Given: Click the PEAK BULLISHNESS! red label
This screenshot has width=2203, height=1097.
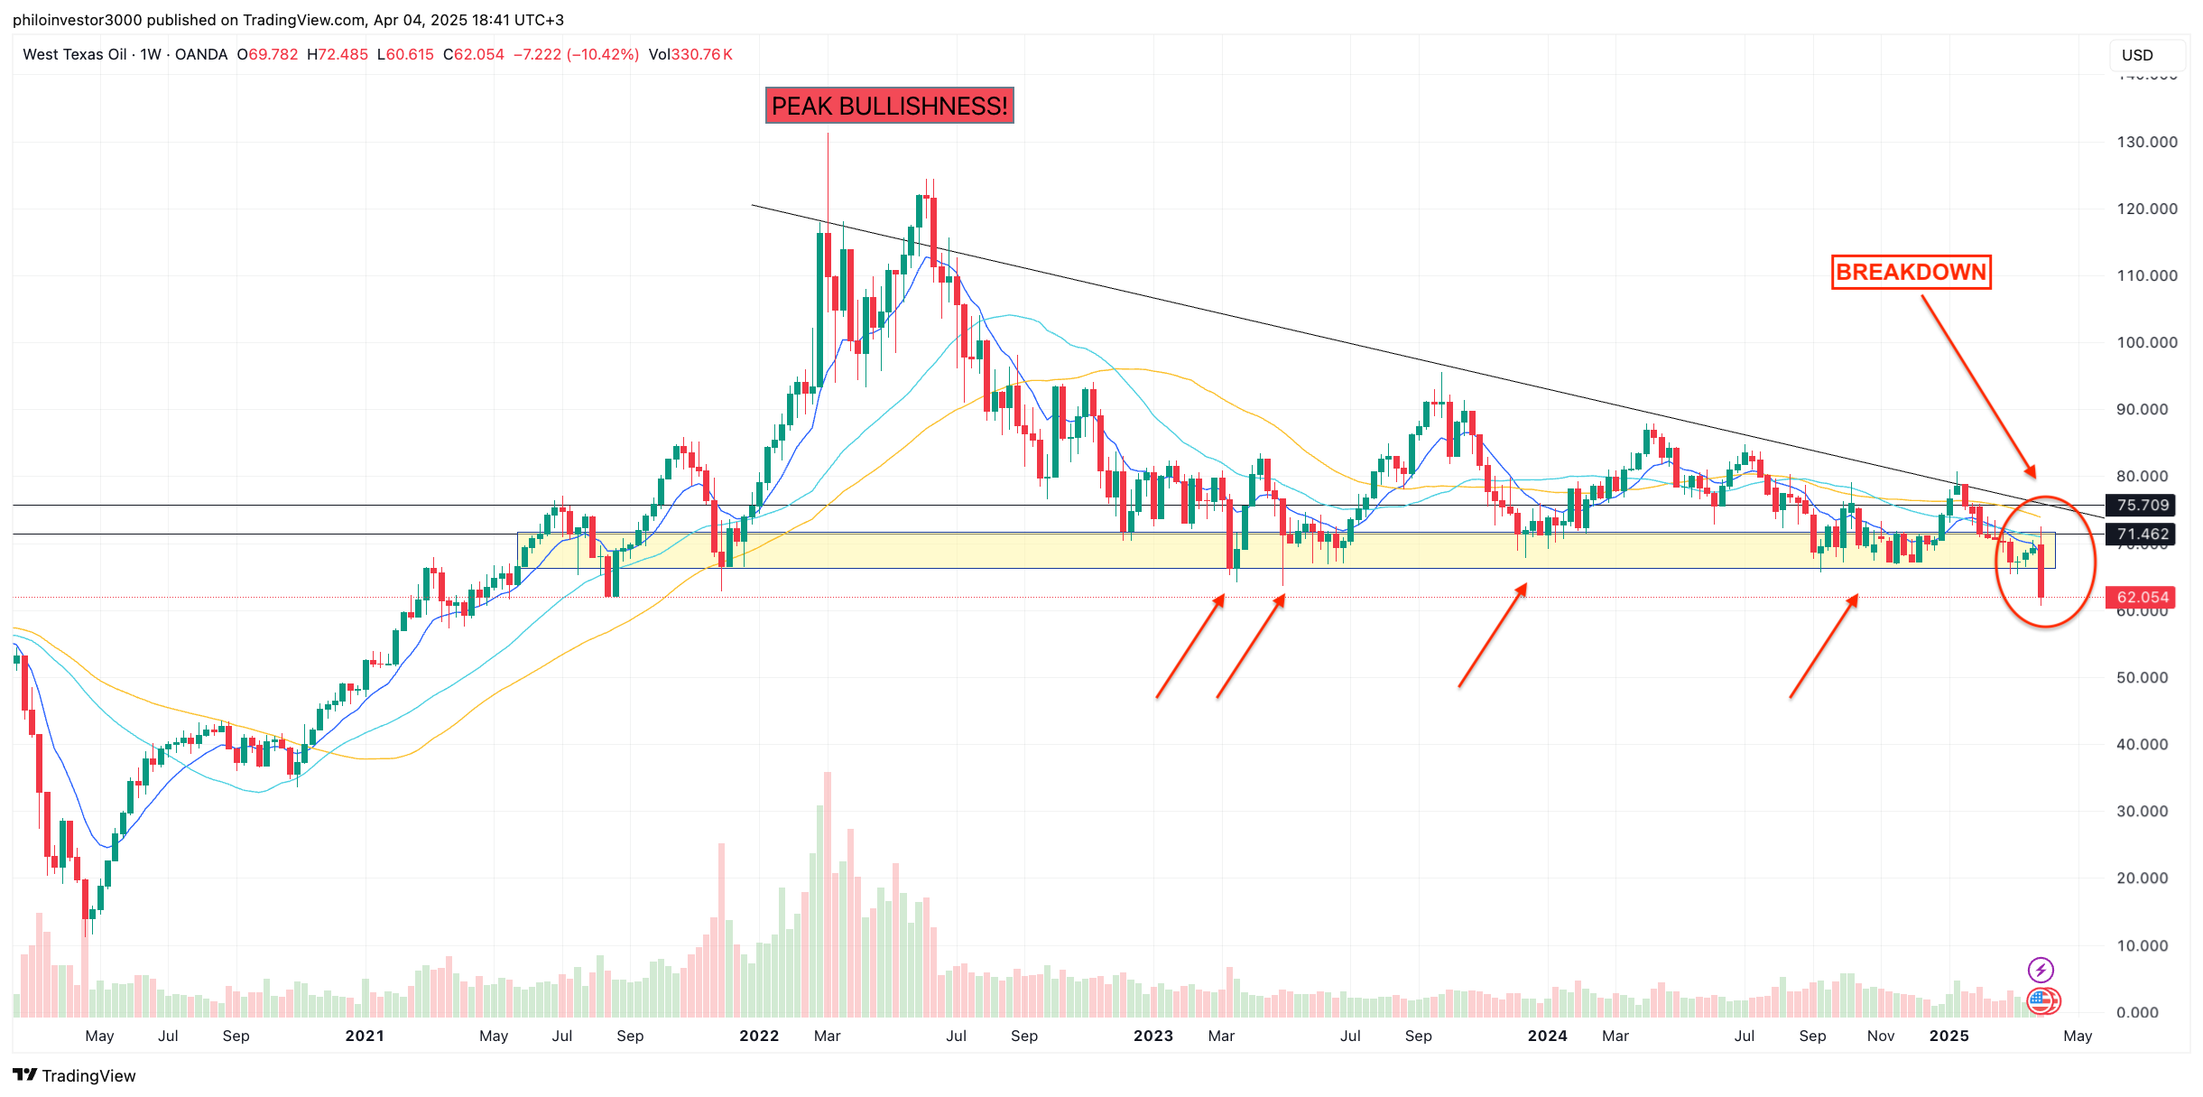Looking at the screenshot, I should pos(889,106).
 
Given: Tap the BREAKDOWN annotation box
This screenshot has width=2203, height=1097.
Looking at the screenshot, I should pos(1911,272).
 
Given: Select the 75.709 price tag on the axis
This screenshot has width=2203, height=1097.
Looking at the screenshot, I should pos(2142,506).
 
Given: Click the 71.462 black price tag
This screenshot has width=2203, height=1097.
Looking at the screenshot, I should pos(2142,535).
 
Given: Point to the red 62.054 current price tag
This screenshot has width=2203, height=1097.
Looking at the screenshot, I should pos(2142,598).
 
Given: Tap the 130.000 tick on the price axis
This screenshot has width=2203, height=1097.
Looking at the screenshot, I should pos(2146,143).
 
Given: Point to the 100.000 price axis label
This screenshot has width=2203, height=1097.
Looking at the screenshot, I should pos(2146,343).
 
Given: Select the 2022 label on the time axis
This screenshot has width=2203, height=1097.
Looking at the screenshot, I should pos(759,1037).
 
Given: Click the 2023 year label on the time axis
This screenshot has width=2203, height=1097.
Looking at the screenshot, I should pos(1152,1037).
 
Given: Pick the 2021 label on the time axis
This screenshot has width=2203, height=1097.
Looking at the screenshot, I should pos(365,1037).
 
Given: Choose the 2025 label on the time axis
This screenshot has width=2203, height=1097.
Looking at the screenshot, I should pos(1948,1037).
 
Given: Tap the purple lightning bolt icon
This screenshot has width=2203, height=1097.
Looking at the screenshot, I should pos(2041,971).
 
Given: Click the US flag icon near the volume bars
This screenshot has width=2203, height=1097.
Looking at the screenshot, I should pos(2041,1000).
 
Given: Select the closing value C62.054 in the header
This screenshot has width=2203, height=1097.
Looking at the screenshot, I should pos(474,55).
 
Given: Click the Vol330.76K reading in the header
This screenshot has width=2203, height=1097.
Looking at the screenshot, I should pos(690,55).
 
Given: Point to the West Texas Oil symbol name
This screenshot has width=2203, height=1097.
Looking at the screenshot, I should pos(74,55).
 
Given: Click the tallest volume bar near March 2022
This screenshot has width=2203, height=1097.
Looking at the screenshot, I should pos(828,894).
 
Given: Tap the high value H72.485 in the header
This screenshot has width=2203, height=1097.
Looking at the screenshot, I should pos(338,55).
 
